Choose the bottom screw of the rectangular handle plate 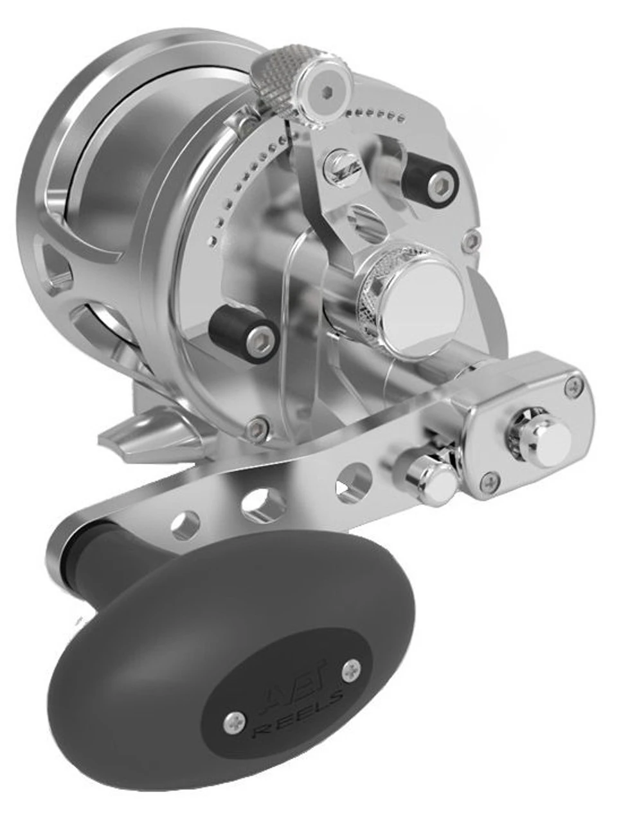pyautogui.click(x=490, y=479)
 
